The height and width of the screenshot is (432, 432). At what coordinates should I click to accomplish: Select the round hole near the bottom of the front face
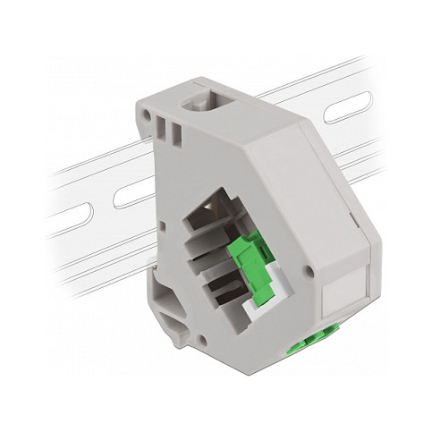203,340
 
